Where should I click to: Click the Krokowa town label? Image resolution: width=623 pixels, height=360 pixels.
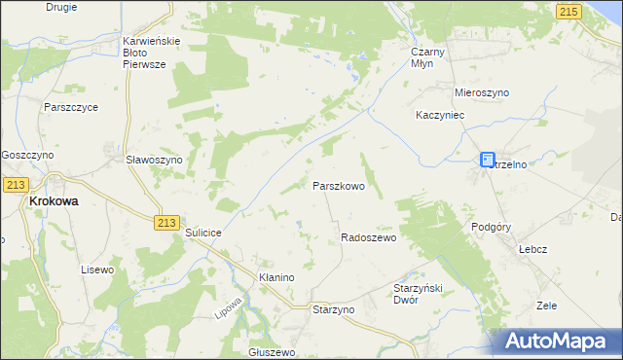click(54, 200)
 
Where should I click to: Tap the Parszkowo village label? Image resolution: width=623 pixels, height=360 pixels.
click(338, 185)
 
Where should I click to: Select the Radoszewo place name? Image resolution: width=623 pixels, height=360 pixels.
click(368, 237)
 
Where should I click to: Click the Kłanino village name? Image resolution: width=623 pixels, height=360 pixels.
click(276, 277)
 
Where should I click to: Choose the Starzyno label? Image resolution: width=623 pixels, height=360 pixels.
click(333, 308)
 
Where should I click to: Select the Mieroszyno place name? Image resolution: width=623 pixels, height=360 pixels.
click(482, 92)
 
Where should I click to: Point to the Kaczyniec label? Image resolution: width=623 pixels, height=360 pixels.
click(443, 115)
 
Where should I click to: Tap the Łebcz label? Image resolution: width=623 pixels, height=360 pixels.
click(532, 249)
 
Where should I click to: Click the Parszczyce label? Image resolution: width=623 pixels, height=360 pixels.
click(70, 107)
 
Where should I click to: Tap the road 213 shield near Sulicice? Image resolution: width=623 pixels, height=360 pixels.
click(165, 223)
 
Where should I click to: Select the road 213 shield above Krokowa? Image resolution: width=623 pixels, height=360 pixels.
click(15, 183)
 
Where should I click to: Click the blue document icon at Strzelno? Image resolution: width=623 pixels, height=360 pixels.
click(487, 160)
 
